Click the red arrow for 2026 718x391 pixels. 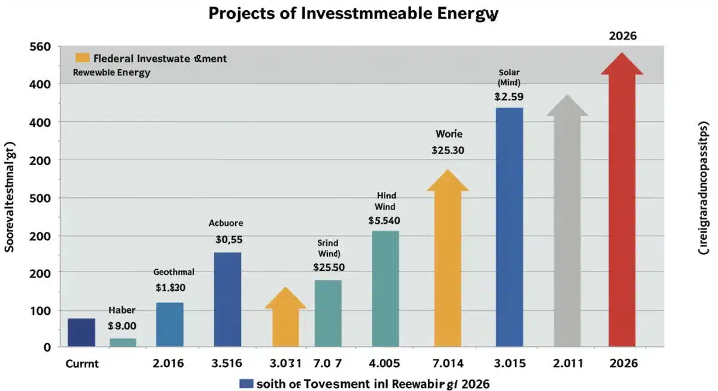622,209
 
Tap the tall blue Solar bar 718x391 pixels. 509,227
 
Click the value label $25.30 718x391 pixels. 448,151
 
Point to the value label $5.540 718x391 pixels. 384,220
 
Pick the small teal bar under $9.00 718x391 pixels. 123,343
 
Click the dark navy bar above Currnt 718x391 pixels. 81,332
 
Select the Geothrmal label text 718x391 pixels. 174,271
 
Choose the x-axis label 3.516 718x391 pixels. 227,363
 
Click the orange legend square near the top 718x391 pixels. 83,58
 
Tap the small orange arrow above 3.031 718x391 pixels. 285,320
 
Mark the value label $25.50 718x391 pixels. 328,267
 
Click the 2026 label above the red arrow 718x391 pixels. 622,36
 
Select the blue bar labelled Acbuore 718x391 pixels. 227,299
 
